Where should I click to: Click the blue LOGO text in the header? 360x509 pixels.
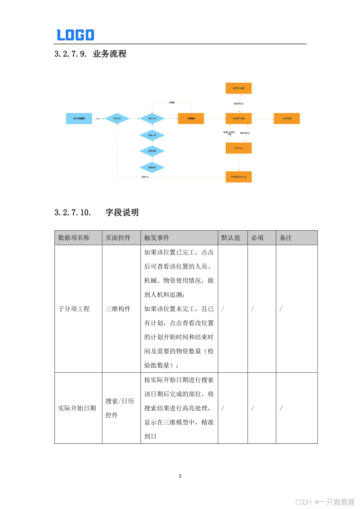tap(75, 35)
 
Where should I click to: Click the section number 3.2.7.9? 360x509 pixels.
tap(70, 54)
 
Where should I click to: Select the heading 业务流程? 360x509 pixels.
tap(109, 54)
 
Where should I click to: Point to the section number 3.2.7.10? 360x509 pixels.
tap(72, 213)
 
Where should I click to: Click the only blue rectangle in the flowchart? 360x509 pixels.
tap(79, 119)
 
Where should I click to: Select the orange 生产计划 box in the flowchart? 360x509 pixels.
tap(238, 148)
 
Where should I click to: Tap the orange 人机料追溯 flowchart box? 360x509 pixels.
tap(287, 119)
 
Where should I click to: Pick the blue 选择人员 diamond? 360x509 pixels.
tap(152, 135)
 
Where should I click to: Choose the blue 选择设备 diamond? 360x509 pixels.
tap(152, 151)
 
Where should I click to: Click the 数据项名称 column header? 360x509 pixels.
tap(74, 237)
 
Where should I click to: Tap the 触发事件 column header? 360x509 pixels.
tap(157, 237)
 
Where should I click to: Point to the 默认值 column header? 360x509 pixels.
tap(230, 237)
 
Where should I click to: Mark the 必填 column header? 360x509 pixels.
tap(257, 237)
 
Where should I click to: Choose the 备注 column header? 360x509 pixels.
tap(286, 237)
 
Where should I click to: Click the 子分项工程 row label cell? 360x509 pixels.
tap(74, 309)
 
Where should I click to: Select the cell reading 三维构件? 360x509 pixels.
tap(118, 309)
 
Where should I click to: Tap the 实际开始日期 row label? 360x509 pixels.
tap(77, 408)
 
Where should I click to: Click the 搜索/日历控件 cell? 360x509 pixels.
tap(120, 408)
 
